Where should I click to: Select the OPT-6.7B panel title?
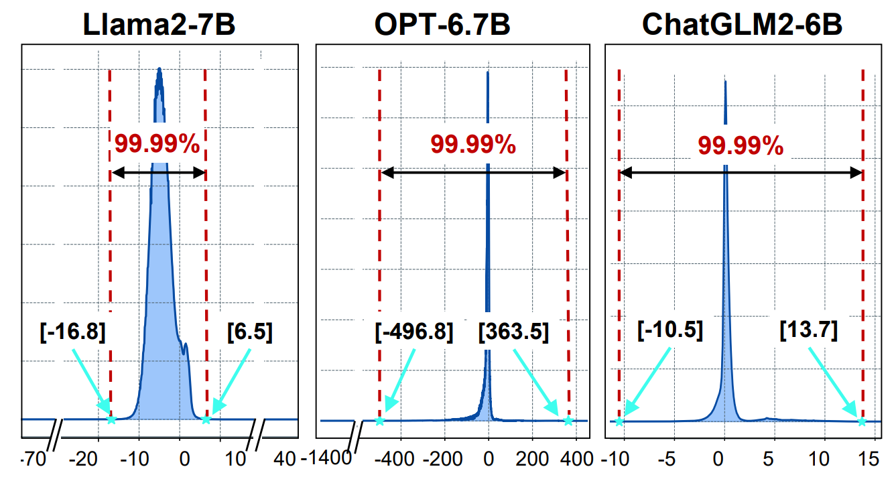click(442, 25)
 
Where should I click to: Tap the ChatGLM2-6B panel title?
click(742, 25)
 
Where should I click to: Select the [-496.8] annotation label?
click(413, 332)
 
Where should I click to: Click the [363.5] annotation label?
click(513, 332)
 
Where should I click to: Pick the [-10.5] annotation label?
click(668, 330)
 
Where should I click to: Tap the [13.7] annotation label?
click(809, 330)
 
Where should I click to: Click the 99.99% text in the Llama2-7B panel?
click(157, 144)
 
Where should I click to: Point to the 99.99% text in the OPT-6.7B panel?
click(473, 144)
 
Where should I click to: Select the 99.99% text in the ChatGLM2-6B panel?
click(741, 145)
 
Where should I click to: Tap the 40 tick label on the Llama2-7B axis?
click(285, 460)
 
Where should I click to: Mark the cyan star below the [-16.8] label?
click(111, 420)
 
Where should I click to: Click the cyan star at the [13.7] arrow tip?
click(862, 421)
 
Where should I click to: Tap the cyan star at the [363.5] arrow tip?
click(568, 421)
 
